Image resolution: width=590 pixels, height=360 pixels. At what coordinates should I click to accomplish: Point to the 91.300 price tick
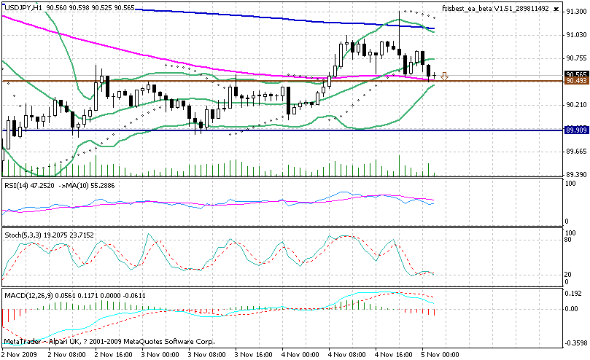[575, 12]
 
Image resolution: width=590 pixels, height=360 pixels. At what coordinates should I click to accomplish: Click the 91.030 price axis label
[575, 35]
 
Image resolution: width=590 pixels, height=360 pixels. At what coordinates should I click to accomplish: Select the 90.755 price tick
[575, 58]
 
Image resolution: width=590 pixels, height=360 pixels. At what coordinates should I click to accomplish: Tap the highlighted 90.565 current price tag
[575, 74]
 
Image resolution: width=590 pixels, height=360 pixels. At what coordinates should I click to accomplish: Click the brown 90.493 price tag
[575, 81]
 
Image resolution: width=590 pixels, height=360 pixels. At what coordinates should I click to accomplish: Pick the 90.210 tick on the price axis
[575, 105]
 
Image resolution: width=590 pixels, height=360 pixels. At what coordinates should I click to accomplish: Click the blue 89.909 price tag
[575, 130]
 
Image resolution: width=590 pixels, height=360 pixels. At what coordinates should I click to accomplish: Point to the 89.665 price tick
[575, 152]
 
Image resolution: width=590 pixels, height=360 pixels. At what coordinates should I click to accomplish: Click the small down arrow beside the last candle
[444, 75]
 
